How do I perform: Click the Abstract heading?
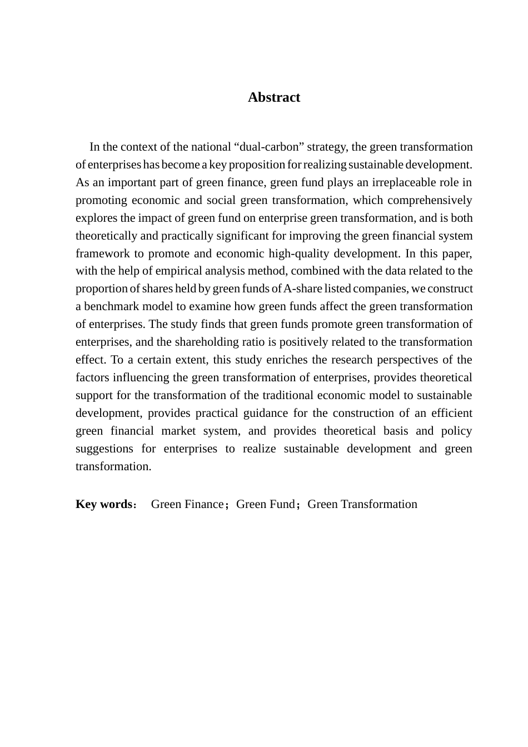click(273, 97)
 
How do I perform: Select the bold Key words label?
click(104, 504)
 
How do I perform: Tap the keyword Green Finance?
click(187, 504)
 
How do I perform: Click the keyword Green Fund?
click(265, 504)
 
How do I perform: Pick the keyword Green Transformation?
click(362, 504)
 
